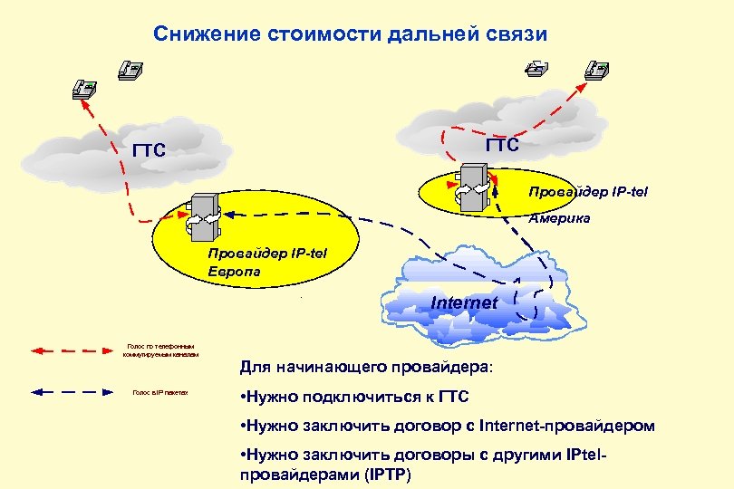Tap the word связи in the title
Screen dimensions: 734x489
click(x=517, y=34)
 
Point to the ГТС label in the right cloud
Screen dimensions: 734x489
click(x=502, y=145)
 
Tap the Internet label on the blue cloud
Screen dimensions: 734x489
click(x=464, y=302)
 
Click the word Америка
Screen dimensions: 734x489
click(x=560, y=218)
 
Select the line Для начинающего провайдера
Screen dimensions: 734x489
click(x=368, y=369)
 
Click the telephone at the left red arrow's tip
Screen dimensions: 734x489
click(x=85, y=88)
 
